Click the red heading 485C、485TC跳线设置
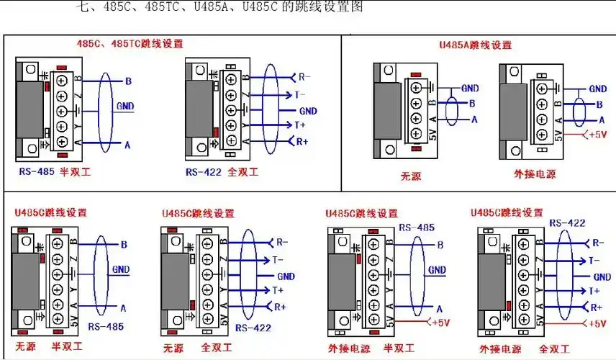pyautogui.click(x=130, y=43)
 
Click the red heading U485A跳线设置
pyautogui.click(x=475, y=45)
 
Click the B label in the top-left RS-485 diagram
pyautogui.click(x=127, y=81)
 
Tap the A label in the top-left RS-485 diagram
pyautogui.click(x=127, y=145)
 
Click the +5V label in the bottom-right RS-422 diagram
pyautogui.click(x=597, y=324)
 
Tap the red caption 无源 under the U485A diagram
pyautogui.click(x=410, y=174)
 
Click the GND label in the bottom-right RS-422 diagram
pyautogui.click(x=602, y=277)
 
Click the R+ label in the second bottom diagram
pyautogui.click(x=281, y=307)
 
